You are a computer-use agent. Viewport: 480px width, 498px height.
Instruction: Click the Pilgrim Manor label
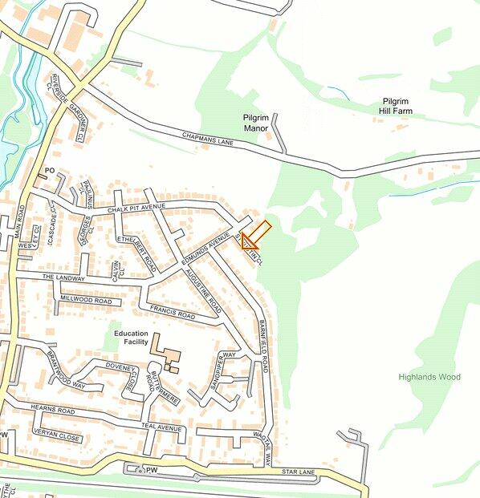261,123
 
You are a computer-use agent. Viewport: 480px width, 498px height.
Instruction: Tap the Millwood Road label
86,300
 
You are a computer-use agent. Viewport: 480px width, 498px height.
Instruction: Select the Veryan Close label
56,438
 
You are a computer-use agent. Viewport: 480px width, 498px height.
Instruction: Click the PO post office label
49,171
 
